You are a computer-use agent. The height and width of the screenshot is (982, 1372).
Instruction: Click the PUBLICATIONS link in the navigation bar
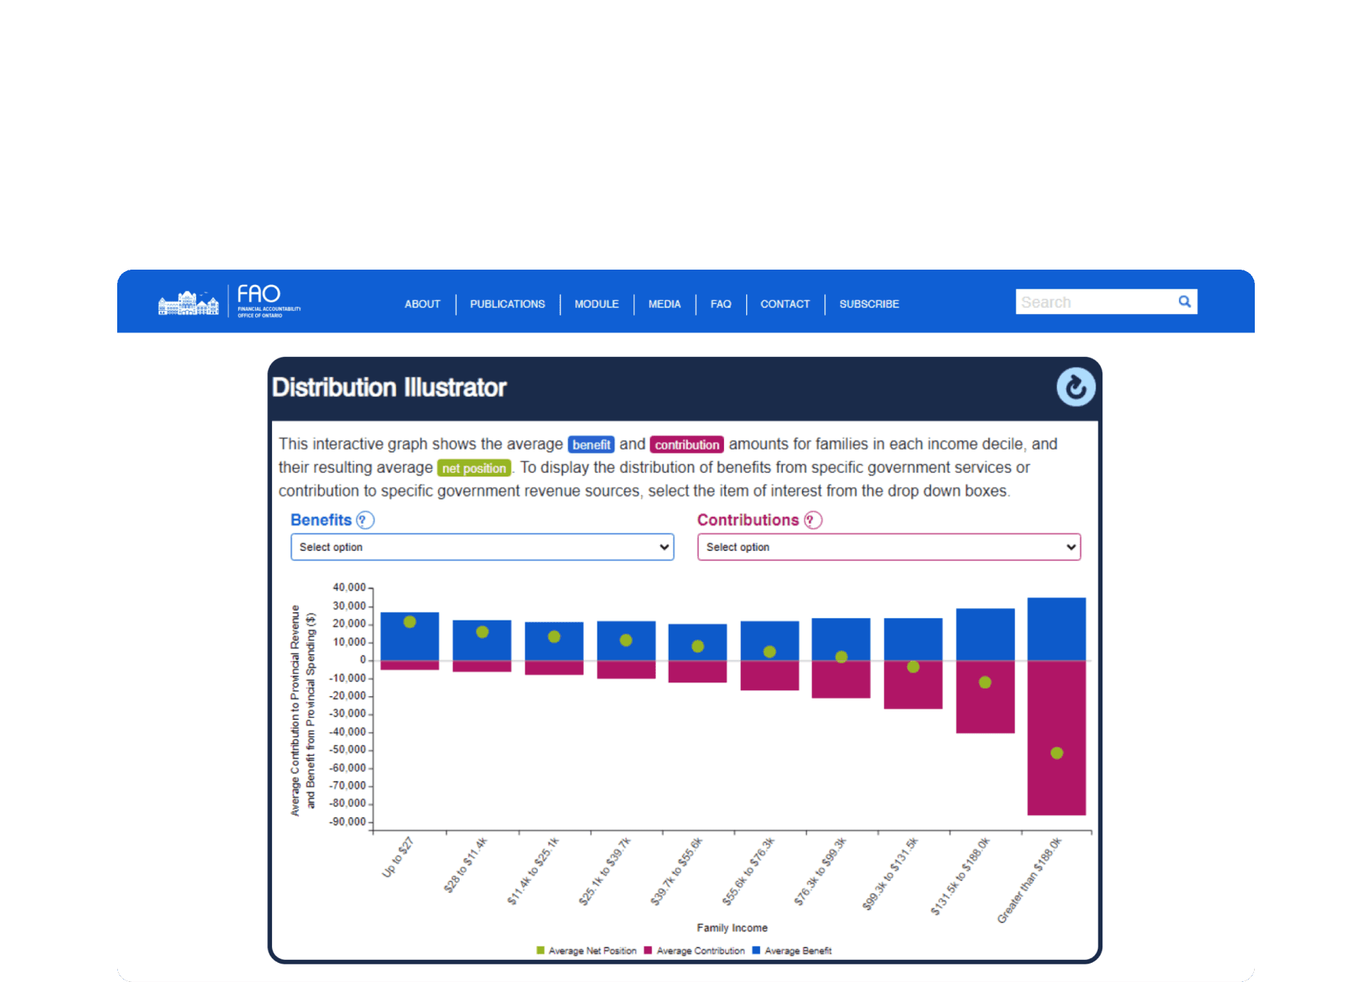tap(507, 304)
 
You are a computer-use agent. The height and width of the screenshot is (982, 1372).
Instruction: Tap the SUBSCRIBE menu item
tap(869, 304)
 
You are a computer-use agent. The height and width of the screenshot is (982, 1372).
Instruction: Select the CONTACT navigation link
tap(784, 304)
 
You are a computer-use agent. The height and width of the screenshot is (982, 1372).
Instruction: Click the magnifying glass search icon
tap(1184, 302)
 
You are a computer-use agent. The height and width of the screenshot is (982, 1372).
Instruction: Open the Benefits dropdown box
tap(482, 547)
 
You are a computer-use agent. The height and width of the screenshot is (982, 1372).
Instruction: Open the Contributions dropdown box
tap(889, 547)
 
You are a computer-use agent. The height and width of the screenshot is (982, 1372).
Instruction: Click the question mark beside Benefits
tap(365, 520)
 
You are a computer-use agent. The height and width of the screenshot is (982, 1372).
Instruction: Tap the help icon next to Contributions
tap(813, 520)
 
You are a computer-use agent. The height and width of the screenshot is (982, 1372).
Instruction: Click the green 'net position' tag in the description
tap(474, 468)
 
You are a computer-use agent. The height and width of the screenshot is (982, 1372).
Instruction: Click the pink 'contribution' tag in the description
tap(686, 445)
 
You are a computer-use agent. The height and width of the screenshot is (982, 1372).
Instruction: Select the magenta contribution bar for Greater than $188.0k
tap(1056, 789)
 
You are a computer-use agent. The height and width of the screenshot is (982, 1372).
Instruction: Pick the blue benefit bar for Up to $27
tap(410, 643)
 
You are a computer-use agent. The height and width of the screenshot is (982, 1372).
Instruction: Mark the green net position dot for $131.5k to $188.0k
tap(985, 682)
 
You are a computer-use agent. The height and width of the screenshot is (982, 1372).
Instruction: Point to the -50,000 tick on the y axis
tap(349, 750)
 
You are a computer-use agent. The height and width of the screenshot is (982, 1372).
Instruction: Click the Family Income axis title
tap(732, 928)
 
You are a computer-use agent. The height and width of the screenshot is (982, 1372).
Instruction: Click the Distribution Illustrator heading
tap(389, 388)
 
